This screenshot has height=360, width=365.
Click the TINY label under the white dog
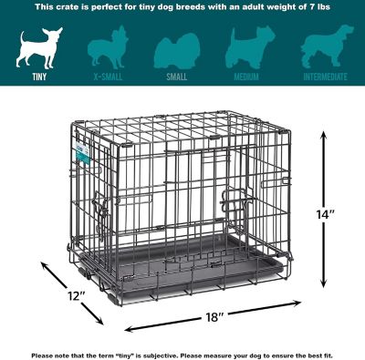[36, 77]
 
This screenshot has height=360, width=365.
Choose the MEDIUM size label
[246, 77]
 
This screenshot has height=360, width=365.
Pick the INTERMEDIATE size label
[324, 77]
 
